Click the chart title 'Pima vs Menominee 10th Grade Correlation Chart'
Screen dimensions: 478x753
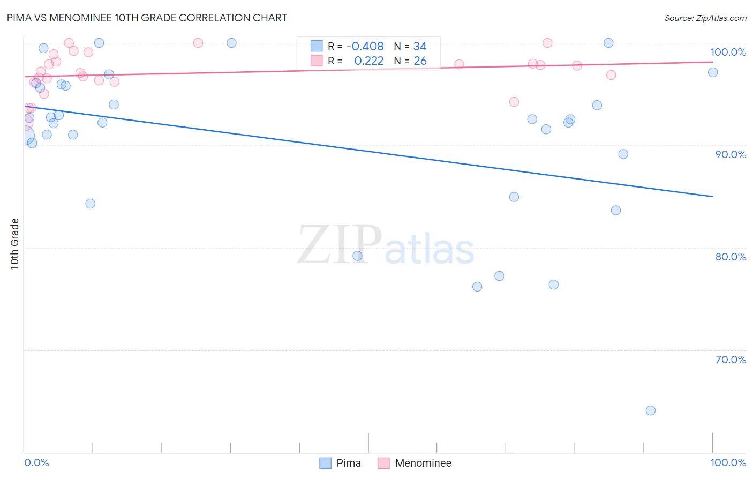tap(147, 18)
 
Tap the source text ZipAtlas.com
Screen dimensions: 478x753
tap(705, 18)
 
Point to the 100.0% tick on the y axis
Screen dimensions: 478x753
tap(728, 52)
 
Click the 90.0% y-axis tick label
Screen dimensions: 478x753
tap(731, 154)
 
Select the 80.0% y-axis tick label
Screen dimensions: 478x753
tap(731, 257)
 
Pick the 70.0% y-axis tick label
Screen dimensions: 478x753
tap(731, 360)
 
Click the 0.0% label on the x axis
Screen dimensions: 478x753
tap(36, 462)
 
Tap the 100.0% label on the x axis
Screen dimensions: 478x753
tap(728, 462)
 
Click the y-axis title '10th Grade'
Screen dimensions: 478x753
tap(14, 244)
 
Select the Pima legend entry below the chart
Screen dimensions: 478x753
tap(341, 463)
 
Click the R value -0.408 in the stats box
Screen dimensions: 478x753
tap(365, 47)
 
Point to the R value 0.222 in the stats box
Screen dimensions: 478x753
tap(368, 61)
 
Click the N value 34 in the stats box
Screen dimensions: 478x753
tap(420, 47)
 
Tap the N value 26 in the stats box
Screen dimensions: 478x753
tap(420, 61)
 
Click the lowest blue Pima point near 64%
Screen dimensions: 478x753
tap(651, 410)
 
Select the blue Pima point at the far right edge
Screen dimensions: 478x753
tap(713, 72)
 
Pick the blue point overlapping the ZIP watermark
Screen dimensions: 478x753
tap(357, 256)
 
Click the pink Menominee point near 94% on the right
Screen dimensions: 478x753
tap(514, 102)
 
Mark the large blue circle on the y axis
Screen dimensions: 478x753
tap(25, 136)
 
